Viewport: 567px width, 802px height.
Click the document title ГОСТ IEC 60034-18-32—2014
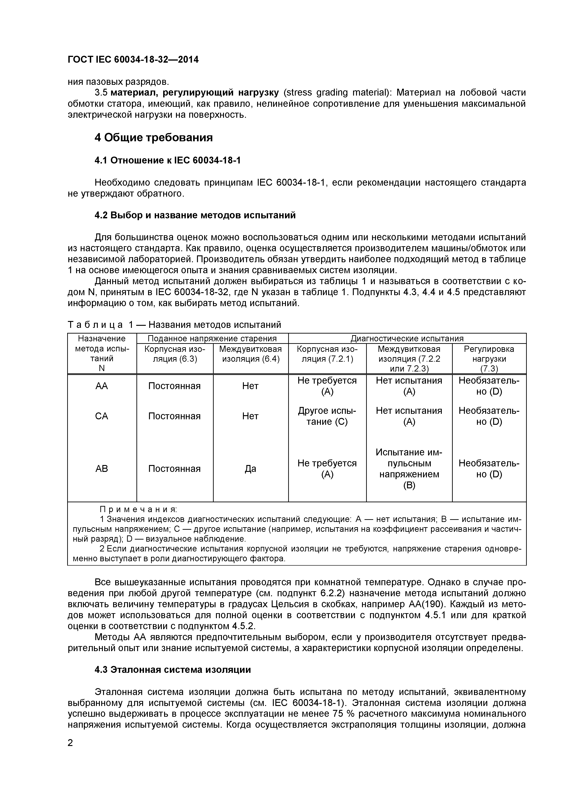[x=133, y=60]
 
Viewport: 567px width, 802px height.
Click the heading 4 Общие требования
[x=154, y=138]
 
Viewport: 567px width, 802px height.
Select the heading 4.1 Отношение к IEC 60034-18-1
[x=168, y=160]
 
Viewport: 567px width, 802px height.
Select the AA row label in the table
[x=102, y=386]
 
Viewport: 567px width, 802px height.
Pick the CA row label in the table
[x=102, y=416]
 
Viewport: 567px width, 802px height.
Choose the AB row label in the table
[x=102, y=468]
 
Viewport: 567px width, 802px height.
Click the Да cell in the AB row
[x=250, y=468]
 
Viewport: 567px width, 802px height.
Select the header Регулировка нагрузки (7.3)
[x=489, y=359]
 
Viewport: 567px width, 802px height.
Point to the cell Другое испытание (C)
[x=327, y=416]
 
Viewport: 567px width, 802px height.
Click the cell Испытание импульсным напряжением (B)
[x=409, y=468]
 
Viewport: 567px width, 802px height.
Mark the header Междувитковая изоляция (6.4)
[x=250, y=354]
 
